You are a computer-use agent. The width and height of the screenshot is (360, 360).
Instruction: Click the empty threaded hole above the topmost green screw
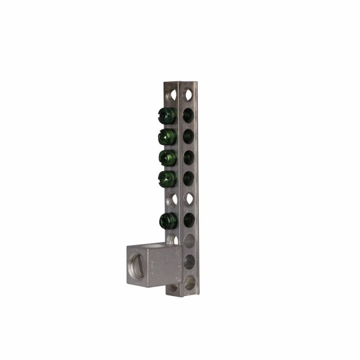click(173, 93)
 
